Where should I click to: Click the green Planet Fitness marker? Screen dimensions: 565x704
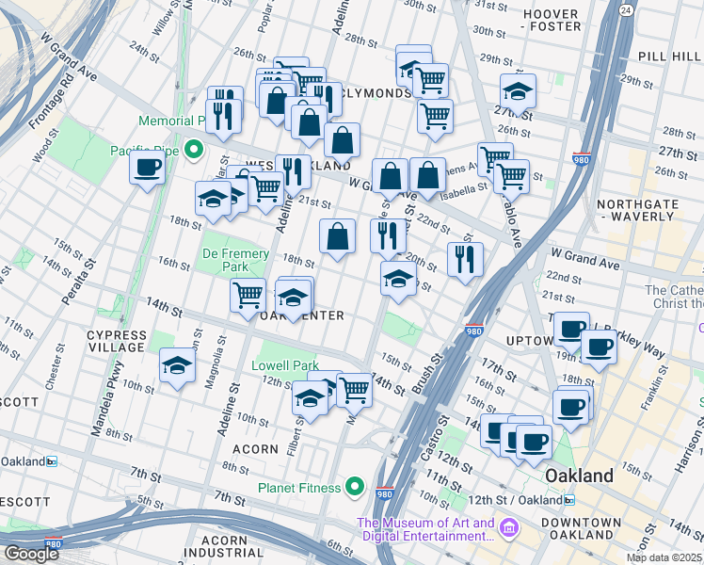tap(355, 487)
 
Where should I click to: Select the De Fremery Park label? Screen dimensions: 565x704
tap(235, 261)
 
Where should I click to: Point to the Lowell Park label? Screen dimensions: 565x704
tap(285, 365)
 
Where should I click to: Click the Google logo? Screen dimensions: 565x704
tap(31, 554)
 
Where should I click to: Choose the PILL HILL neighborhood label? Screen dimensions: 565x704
tap(664, 57)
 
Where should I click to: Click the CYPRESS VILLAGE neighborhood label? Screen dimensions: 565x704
tap(117, 341)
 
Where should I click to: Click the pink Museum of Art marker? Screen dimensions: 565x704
tap(509, 525)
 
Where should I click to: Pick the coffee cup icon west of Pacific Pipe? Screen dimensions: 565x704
tap(147, 169)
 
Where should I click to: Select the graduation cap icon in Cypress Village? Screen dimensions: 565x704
tap(176, 364)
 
